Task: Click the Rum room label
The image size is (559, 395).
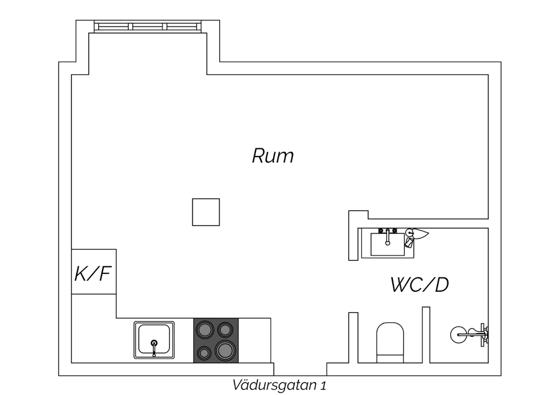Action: coord(273,156)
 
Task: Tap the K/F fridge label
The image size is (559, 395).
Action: coord(93,274)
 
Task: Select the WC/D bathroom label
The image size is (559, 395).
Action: coord(420,284)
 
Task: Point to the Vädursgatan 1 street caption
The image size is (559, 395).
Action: coord(279,385)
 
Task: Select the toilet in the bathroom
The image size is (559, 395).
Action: coord(390,342)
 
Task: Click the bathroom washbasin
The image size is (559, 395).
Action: coord(388,244)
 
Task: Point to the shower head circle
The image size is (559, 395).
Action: coord(458,335)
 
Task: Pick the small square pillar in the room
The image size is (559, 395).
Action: coord(206,212)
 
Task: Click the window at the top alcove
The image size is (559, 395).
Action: coord(148,26)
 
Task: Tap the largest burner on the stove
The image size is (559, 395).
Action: coord(225,350)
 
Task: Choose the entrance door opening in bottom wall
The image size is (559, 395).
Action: coord(300,369)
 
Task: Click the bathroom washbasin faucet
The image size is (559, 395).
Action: coord(387,237)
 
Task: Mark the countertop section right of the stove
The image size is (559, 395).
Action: coord(255,340)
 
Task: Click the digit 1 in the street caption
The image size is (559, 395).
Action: coord(323,386)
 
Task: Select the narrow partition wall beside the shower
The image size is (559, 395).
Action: coord(426,335)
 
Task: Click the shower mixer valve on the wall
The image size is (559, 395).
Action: coord(484,335)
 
